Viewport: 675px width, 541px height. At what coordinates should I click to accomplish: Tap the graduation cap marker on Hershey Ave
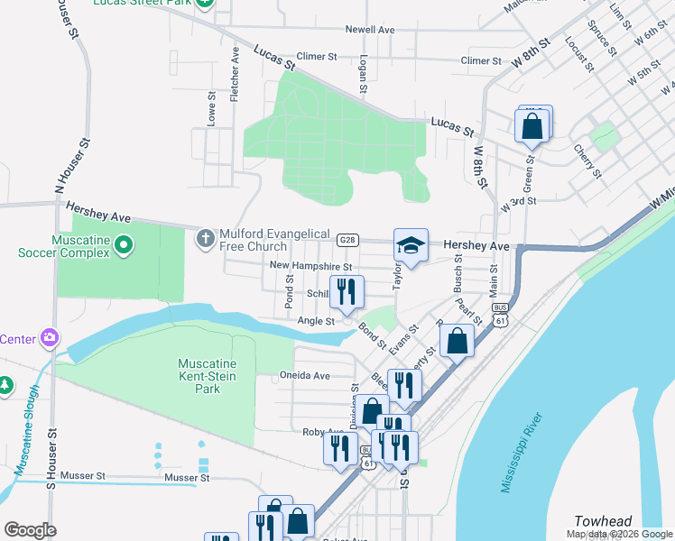point(411,245)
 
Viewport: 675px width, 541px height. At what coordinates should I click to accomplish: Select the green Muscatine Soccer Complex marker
point(125,243)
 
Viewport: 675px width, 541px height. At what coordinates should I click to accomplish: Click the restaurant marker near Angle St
point(347,292)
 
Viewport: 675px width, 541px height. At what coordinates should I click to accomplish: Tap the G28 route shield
point(348,240)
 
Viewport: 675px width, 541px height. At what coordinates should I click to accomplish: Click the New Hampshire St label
point(311,266)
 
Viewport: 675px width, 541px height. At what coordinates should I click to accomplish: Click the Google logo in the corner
point(30,529)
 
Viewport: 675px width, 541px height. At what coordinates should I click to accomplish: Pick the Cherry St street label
point(587,160)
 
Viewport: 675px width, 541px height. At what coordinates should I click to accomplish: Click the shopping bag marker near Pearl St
point(458,342)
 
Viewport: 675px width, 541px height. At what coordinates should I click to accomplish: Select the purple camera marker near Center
point(50,338)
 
